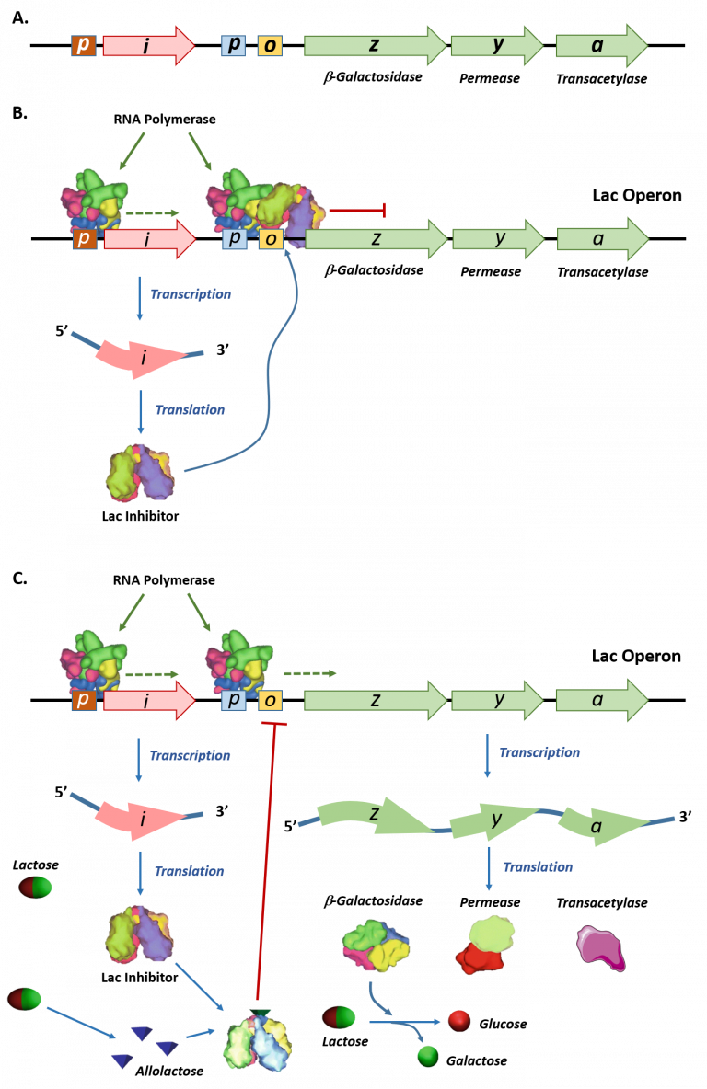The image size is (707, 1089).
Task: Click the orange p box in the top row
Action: pyautogui.click(x=84, y=45)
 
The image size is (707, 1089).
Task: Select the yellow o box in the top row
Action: pyautogui.click(x=270, y=46)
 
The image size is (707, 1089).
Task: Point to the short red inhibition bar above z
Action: pyautogui.click(x=357, y=211)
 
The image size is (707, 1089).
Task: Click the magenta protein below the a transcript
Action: pyautogui.click(x=600, y=948)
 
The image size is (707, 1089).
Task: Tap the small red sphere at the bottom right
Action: pyautogui.click(x=458, y=1019)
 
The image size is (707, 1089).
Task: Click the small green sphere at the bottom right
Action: pyautogui.click(x=428, y=1055)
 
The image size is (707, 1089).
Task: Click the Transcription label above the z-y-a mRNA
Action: pyautogui.click(x=539, y=752)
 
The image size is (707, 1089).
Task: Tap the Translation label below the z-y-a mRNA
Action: pyautogui.click(x=538, y=866)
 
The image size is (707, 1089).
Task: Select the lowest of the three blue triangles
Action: pyautogui.click(x=122, y=1060)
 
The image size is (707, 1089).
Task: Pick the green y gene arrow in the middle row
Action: pyautogui.click(x=498, y=239)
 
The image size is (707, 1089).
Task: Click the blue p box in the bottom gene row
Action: pyautogui.click(x=234, y=701)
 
